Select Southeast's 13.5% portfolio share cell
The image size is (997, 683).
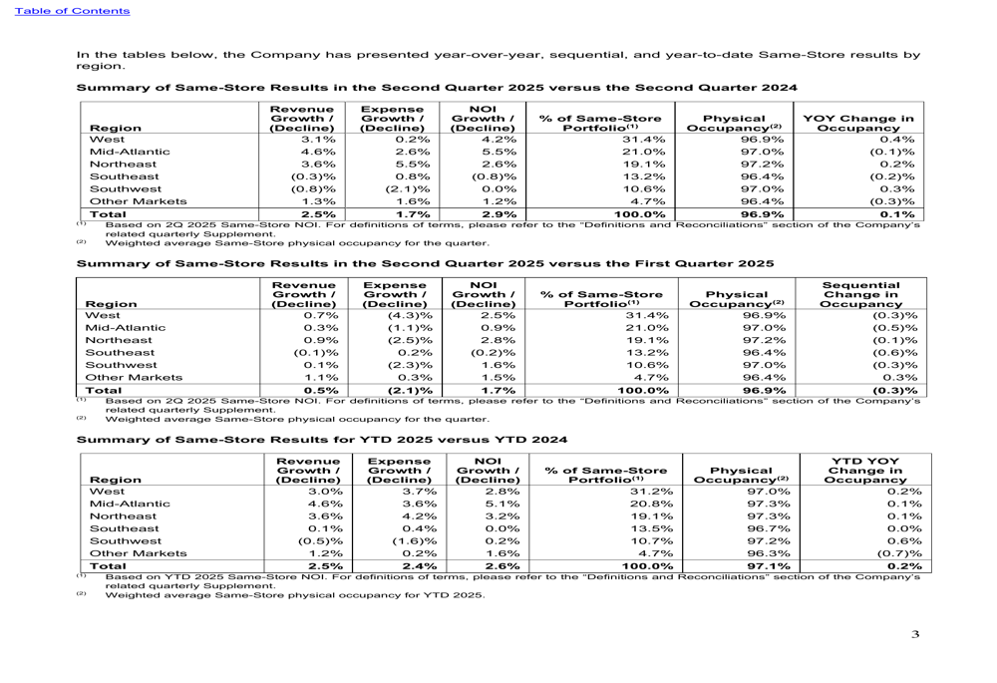(647, 529)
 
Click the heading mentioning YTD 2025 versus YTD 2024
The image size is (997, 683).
(322, 439)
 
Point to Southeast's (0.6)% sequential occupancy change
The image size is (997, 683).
(896, 352)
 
